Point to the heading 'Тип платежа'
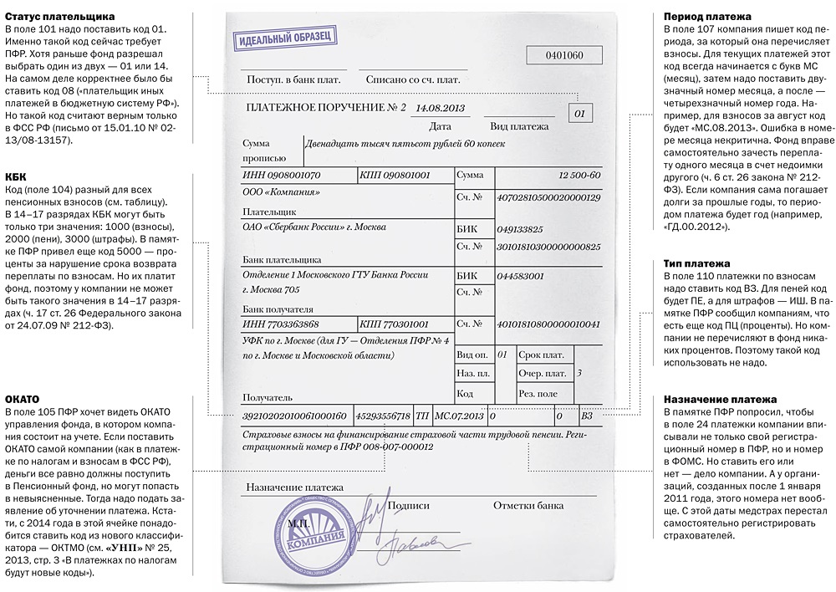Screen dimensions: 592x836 (x=697, y=263)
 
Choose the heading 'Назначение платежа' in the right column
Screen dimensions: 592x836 (x=720, y=400)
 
